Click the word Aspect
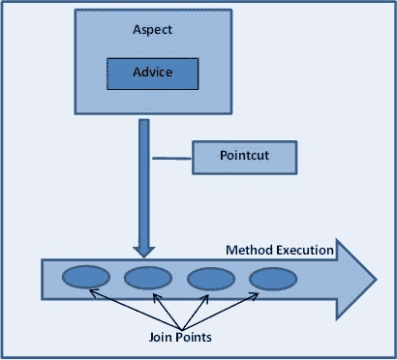pos(151,30)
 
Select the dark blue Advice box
pos(152,73)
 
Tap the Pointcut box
pos(240,157)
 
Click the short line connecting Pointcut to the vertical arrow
pos(171,156)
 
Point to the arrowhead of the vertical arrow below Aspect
pos(143,250)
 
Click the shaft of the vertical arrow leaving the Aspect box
pos(143,174)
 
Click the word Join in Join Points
pos(163,338)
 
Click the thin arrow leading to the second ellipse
pos(161,310)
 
